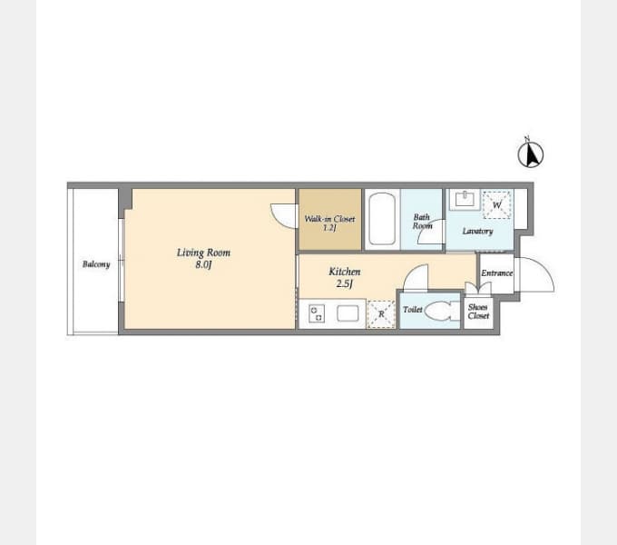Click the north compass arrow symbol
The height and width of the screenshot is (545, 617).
tap(531, 154)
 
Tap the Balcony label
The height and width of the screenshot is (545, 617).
tap(96, 264)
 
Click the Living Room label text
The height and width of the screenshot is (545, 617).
tap(203, 253)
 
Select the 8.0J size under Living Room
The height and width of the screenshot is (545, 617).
tap(203, 264)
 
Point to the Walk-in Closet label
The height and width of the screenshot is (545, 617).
tap(329, 219)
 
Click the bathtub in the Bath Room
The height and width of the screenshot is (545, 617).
tap(382, 219)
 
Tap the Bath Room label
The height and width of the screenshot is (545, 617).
tap(422, 222)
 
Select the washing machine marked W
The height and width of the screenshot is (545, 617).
tap(497, 204)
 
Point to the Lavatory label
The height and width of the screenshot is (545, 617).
tap(477, 231)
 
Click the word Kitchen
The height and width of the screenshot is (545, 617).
tap(345, 272)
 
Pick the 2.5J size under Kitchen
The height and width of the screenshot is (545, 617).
tap(344, 283)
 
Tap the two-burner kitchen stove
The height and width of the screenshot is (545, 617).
tap(317, 314)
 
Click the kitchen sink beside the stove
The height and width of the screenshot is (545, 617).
tap(348, 313)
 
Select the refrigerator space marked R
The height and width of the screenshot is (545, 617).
tap(381, 314)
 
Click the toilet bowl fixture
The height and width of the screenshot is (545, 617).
tap(442, 311)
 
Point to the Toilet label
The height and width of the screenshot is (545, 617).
tap(413, 310)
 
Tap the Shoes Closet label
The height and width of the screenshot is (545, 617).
tap(478, 312)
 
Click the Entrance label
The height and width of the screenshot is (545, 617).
tap(497, 272)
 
